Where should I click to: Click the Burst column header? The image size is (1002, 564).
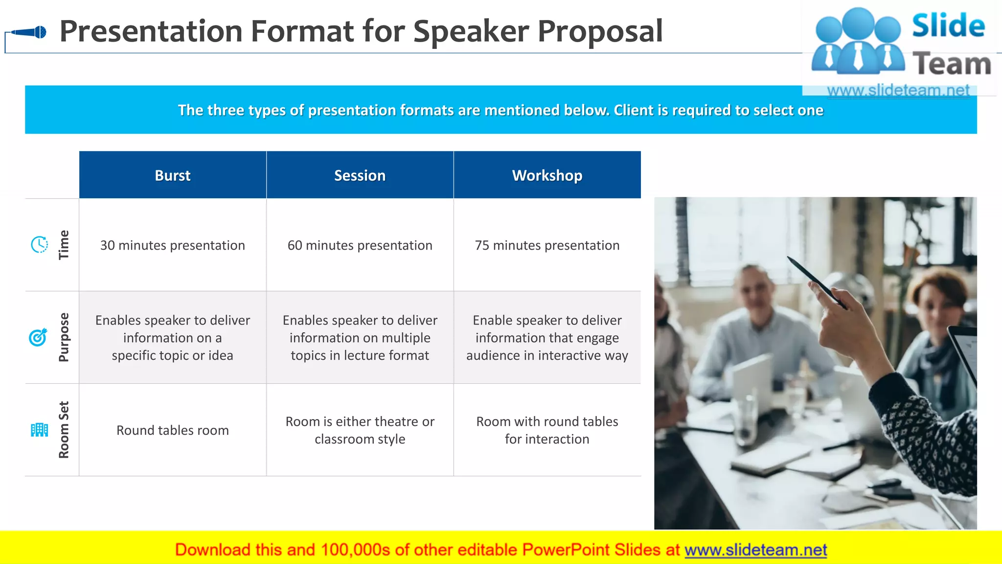click(x=173, y=175)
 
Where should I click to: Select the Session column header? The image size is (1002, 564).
click(x=360, y=175)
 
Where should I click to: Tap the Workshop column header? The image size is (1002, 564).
click(x=547, y=175)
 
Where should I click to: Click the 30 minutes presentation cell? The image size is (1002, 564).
click(x=173, y=245)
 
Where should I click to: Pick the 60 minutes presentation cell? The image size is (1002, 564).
click(x=360, y=245)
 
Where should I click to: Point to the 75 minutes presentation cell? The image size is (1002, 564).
click(x=547, y=245)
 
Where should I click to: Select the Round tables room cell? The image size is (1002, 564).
click(x=173, y=430)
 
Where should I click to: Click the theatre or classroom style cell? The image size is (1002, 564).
click(x=360, y=430)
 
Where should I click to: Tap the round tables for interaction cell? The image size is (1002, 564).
click(x=547, y=430)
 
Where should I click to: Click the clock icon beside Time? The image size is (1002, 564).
click(x=39, y=244)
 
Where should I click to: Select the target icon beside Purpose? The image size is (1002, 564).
click(x=38, y=337)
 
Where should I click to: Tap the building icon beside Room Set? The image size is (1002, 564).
click(x=39, y=430)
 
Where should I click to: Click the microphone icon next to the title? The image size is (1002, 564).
click(x=29, y=32)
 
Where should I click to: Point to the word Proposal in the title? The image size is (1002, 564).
click(x=600, y=31)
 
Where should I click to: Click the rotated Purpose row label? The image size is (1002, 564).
click(x=64, y=337)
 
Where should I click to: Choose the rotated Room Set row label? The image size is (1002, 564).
click(x=64, y=430)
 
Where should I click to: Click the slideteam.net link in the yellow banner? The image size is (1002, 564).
click(x=755, y=550)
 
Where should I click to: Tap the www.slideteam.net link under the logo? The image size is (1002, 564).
click(x=898, y=90)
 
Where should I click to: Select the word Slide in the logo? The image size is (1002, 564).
click(x=948, y=25)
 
